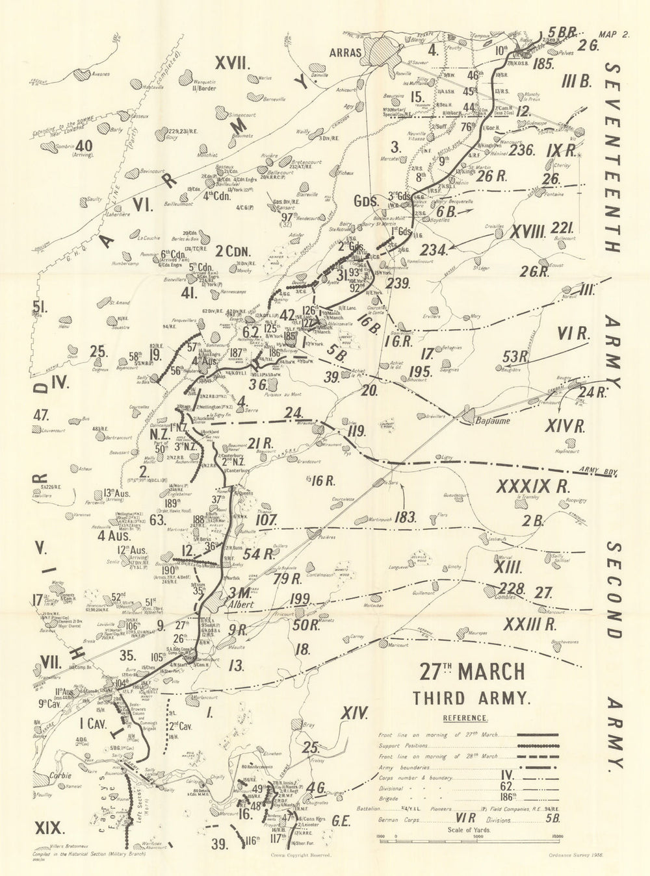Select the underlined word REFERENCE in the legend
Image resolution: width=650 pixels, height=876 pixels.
pos(465,718)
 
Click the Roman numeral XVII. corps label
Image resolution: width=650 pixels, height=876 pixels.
pos(233,62)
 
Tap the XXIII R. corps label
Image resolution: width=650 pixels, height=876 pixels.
pos(530,625)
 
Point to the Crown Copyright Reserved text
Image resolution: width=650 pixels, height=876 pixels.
pos(299,856)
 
